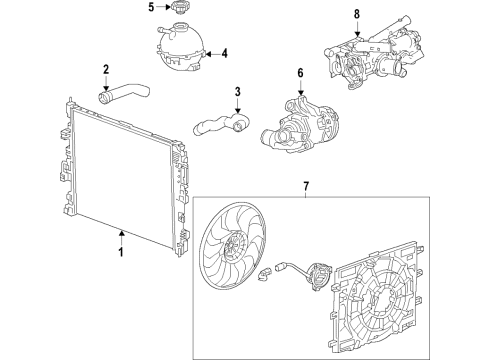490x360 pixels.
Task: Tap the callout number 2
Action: [106, 68]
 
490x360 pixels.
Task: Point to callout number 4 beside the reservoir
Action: [224, 53]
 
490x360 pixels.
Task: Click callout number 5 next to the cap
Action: [152, 8]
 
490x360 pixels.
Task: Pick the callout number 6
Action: [298, 73]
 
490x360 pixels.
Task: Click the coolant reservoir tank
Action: [180, 51]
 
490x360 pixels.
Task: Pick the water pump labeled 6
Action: [295, 120]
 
